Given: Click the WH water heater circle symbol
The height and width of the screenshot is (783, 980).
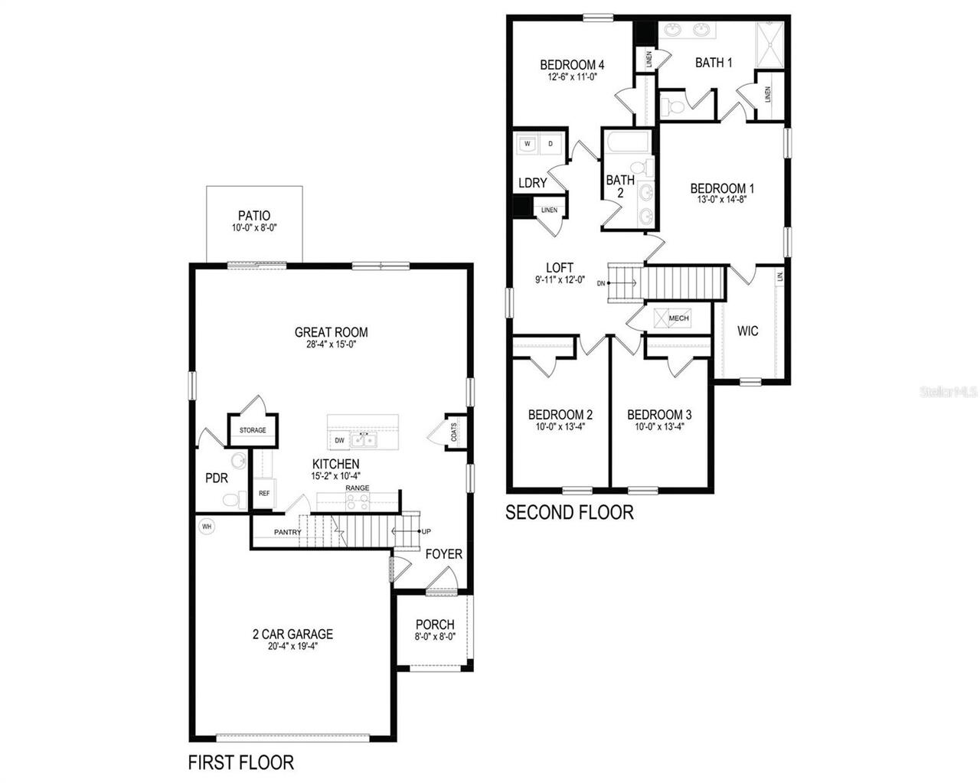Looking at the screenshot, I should click(206, 527).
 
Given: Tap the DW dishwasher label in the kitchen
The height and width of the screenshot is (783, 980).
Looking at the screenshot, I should click(339, 440).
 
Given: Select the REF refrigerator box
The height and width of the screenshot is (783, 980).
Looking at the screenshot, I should click(263, 493).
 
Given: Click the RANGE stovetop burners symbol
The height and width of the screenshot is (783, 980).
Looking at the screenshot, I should click(358, 502).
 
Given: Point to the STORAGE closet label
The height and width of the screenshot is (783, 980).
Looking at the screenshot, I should click(253, 430).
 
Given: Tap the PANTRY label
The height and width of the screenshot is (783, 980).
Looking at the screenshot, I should click(288, 532).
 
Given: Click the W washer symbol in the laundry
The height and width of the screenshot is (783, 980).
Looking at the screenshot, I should click(528, 143).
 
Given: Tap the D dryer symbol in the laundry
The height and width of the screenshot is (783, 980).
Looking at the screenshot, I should click(551, 143).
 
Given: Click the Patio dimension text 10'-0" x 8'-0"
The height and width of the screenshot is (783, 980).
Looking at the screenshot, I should click(254, 228).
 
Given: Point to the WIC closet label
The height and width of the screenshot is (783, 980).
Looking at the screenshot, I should click(748, 331).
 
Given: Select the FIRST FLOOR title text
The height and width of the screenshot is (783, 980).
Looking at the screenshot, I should click(241, 762).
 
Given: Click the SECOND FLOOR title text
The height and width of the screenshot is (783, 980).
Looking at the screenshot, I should click(569, 512).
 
